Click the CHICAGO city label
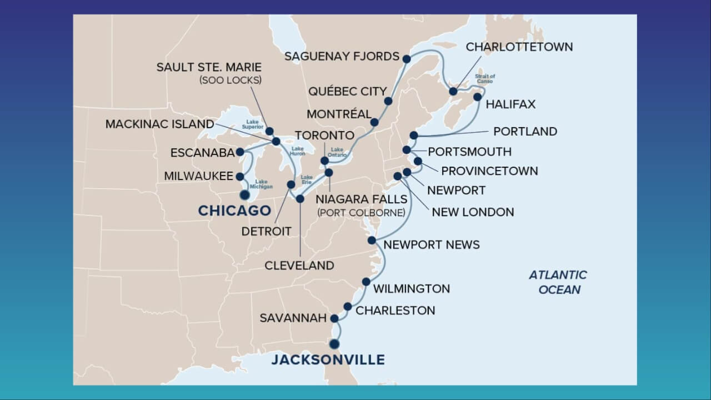234,211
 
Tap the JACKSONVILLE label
328,359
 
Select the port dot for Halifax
477,97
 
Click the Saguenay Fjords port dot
407,58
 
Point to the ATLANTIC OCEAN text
558,282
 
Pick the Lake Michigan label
264,184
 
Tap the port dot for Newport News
372,240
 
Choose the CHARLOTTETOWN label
519,47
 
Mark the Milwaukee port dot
240,177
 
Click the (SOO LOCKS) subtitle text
231,81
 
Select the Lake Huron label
298,151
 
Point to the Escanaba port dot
240,152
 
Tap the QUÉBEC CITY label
347,91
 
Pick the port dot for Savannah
334,318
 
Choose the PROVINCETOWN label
489,171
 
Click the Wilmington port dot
366,282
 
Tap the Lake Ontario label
338,152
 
